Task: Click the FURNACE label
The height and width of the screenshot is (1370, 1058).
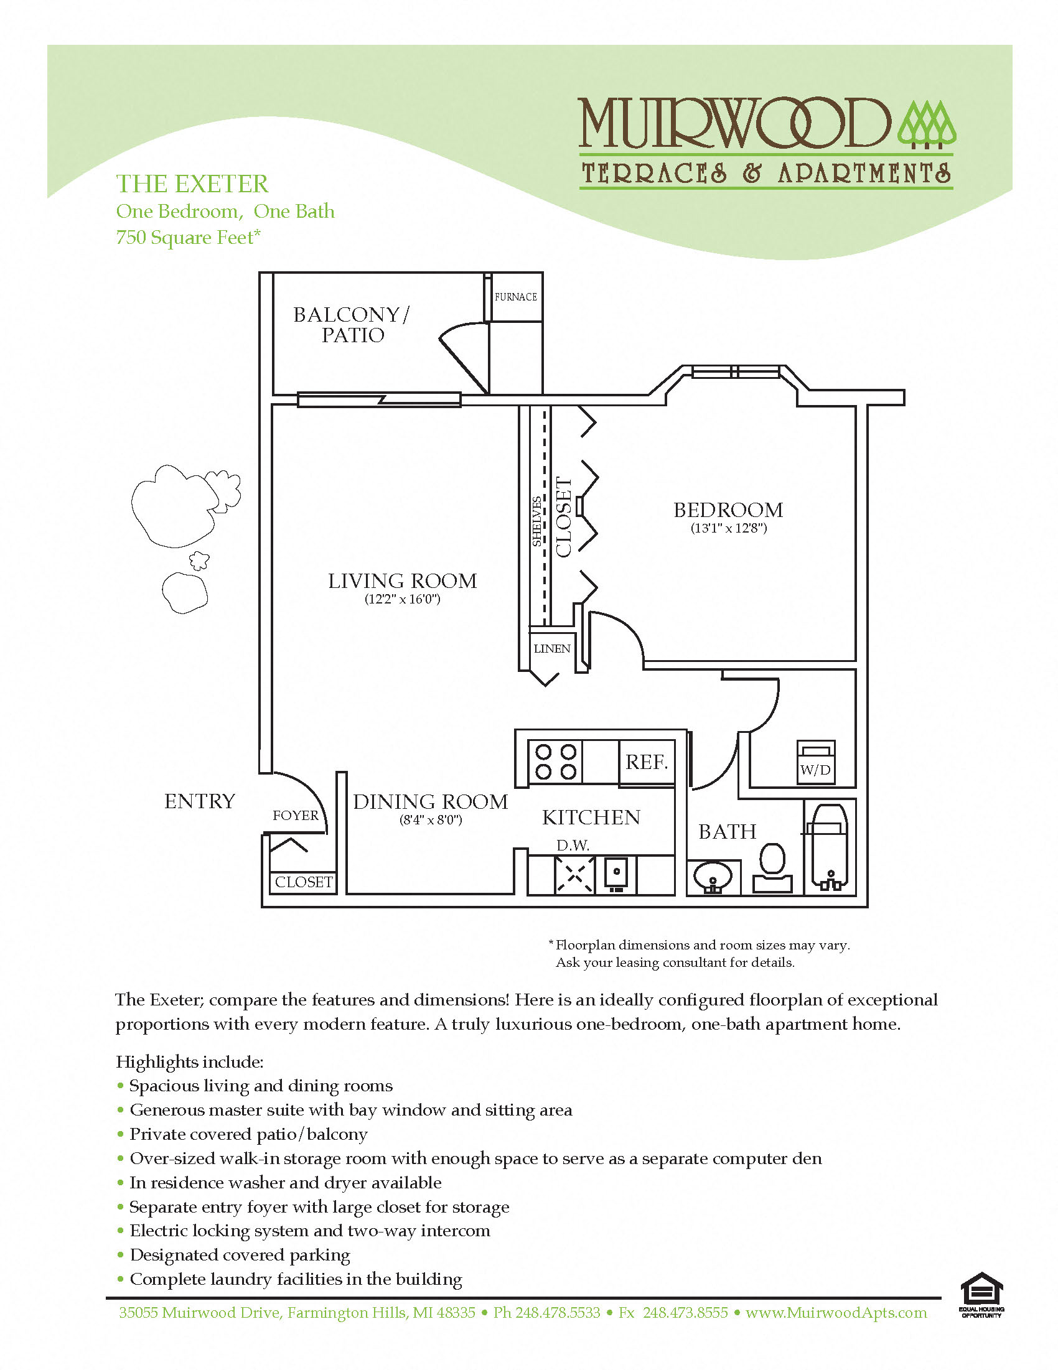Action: click(x=515, y=297)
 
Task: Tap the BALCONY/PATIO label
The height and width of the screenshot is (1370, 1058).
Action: click(x=352, y=324)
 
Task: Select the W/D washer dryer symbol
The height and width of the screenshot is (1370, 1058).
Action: click(x=815, y=762)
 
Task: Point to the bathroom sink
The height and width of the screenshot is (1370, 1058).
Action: click(x=713, y=876)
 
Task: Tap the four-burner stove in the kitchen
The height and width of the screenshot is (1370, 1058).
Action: click(x=555, y=762)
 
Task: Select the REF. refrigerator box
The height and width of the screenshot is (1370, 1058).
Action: click(x=647, y=762)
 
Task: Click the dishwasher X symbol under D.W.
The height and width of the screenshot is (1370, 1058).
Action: click(x=574, y=874)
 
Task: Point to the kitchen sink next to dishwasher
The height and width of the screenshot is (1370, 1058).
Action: click(x=617, y=874)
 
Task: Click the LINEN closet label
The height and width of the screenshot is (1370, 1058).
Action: click(x=551, y=649)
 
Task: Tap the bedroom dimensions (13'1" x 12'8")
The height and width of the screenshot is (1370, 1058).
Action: click(x=728, y=528)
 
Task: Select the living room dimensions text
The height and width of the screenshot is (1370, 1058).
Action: click(x=402, y=599)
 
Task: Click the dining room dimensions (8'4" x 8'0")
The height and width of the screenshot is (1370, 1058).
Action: click(x=431, y=820)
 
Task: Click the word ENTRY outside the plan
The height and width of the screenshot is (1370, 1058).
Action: click(x=200, y=801)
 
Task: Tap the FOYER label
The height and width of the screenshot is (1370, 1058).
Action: click(x=295, y=815)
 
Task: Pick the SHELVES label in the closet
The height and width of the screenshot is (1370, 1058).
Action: click(x=537, y=521)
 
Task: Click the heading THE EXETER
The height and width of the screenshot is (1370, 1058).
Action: click(x=192, y=184)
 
